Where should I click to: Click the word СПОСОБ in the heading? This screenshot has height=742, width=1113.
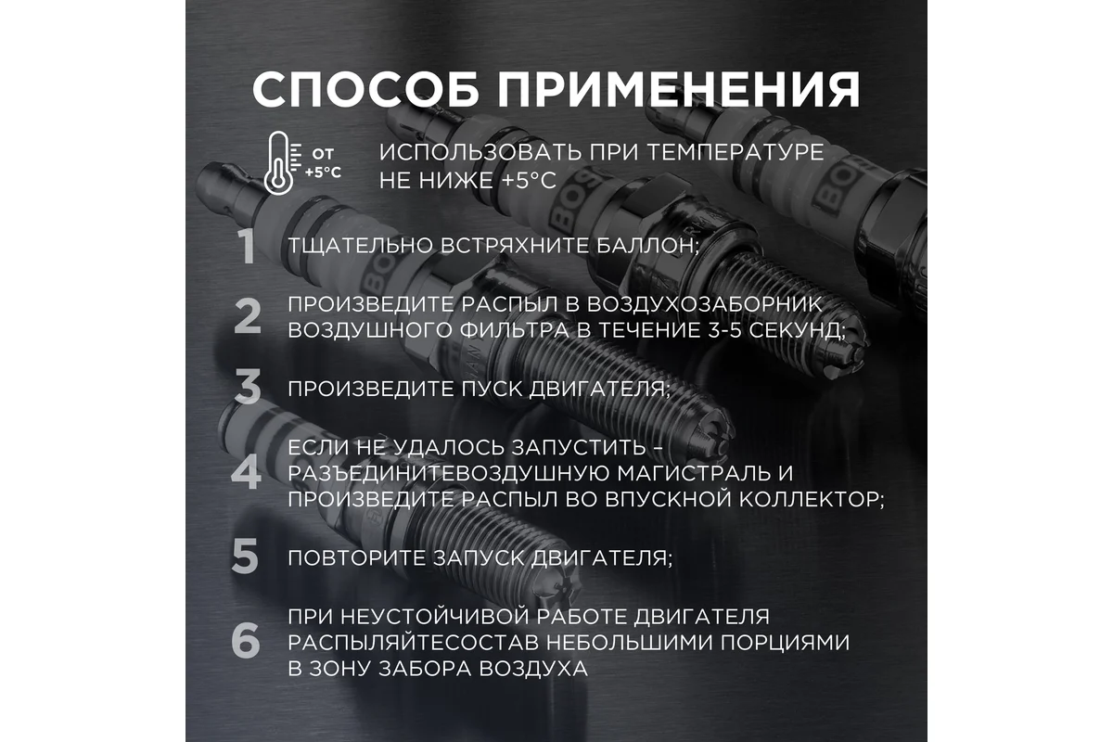(x=365, y=89)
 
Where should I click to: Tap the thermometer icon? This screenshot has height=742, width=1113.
(x=280, y=163)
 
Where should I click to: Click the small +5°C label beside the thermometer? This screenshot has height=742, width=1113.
(x=323, y=173)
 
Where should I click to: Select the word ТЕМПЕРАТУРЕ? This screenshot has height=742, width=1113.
(x=736, y=152)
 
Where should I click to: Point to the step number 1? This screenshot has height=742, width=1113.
(x=247, y=247)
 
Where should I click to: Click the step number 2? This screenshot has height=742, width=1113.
(x=247, y=316)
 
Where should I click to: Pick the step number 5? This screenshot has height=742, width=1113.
(x=246, y=556)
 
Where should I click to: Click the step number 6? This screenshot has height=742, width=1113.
(x=246, y=641)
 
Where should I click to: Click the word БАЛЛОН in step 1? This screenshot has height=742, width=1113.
(x=648, y=246)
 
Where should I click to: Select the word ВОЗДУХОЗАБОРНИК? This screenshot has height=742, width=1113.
(x=705, y=304)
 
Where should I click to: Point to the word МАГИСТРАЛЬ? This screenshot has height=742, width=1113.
(x=688, y=474)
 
